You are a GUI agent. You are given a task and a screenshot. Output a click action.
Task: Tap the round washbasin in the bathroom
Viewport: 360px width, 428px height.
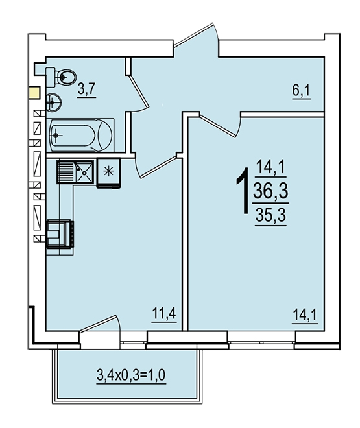coord(54,102)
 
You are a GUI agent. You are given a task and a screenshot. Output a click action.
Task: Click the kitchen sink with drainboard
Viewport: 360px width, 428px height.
coord(75,172)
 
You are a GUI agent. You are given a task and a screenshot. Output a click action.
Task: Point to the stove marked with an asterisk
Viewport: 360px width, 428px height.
coord(108,173)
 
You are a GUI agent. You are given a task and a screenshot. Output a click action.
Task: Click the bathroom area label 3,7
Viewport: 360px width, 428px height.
coord(86,89)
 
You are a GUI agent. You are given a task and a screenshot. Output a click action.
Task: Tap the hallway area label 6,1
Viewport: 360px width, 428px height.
coord(302,91)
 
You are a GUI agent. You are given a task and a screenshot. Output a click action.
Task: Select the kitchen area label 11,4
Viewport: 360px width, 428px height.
coord(164,314)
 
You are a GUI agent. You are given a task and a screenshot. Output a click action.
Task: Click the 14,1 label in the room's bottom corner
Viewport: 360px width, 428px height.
coord(305,316)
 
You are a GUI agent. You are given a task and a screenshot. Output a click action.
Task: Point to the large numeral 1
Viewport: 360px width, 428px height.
coord(243,191)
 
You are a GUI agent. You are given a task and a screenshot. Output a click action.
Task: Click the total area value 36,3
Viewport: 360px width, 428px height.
coord(270,191)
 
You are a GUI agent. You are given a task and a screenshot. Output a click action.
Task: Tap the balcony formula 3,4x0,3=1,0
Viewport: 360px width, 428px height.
coord(131,375)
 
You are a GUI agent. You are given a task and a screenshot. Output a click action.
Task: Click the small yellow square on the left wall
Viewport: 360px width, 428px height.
coord(34,93)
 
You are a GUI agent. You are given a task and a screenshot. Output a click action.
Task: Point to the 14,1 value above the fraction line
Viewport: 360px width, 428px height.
coord(270,167)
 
